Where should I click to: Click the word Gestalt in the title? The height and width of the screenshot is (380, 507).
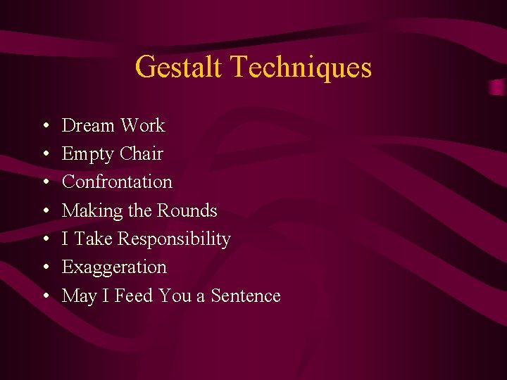coord(179,68)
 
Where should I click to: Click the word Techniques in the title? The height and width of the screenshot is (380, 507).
coord(301,68)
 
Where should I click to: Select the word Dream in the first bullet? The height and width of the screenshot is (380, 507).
coord(88,126)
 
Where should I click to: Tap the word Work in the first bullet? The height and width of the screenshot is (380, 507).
coord(142,126)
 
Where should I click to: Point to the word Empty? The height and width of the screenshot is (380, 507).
coord(87,154)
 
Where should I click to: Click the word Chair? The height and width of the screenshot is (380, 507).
coord(142,154)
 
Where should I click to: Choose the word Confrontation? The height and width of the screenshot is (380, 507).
coord(117,182)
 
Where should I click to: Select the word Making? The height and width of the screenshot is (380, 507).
coord(89,211)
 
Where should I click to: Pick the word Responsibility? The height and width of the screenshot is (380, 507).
coord(174,240)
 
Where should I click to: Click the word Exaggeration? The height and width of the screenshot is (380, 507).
coord(114,268)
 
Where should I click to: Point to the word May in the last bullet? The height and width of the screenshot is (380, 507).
coord(79,296)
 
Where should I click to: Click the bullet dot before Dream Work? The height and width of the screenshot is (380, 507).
coord(44,127)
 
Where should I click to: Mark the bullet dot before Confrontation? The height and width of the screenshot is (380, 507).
coord(44,183)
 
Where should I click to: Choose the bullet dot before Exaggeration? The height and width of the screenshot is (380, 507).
coord(44,268)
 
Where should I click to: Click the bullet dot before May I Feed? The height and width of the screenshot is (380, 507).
coord(44,296)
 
